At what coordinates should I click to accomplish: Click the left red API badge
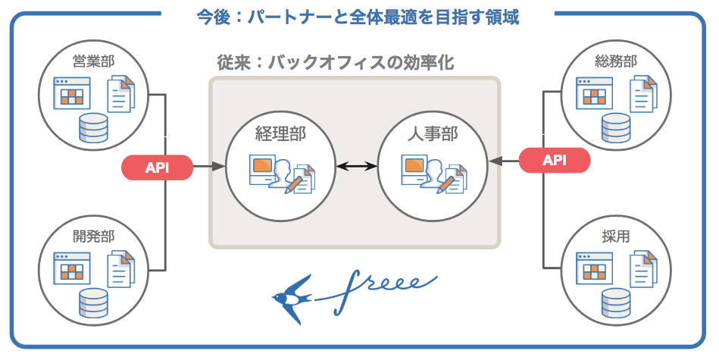pyautogui.click(x=157, y=167)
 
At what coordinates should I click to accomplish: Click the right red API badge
pyautogui.click(x=554, y=160)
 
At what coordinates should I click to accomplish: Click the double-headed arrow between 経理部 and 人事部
pyautogui.click(x=357, y=167)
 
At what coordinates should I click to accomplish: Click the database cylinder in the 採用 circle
pyautogui.click(x=615, y=302)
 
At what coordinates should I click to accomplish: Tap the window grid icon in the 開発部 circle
pyautogui.click(x=71, y=268)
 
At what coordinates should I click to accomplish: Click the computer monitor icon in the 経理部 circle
pyautogui.click(x=262, y=168)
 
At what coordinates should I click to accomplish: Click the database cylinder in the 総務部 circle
pyautogui.click(x=615, y=128)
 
